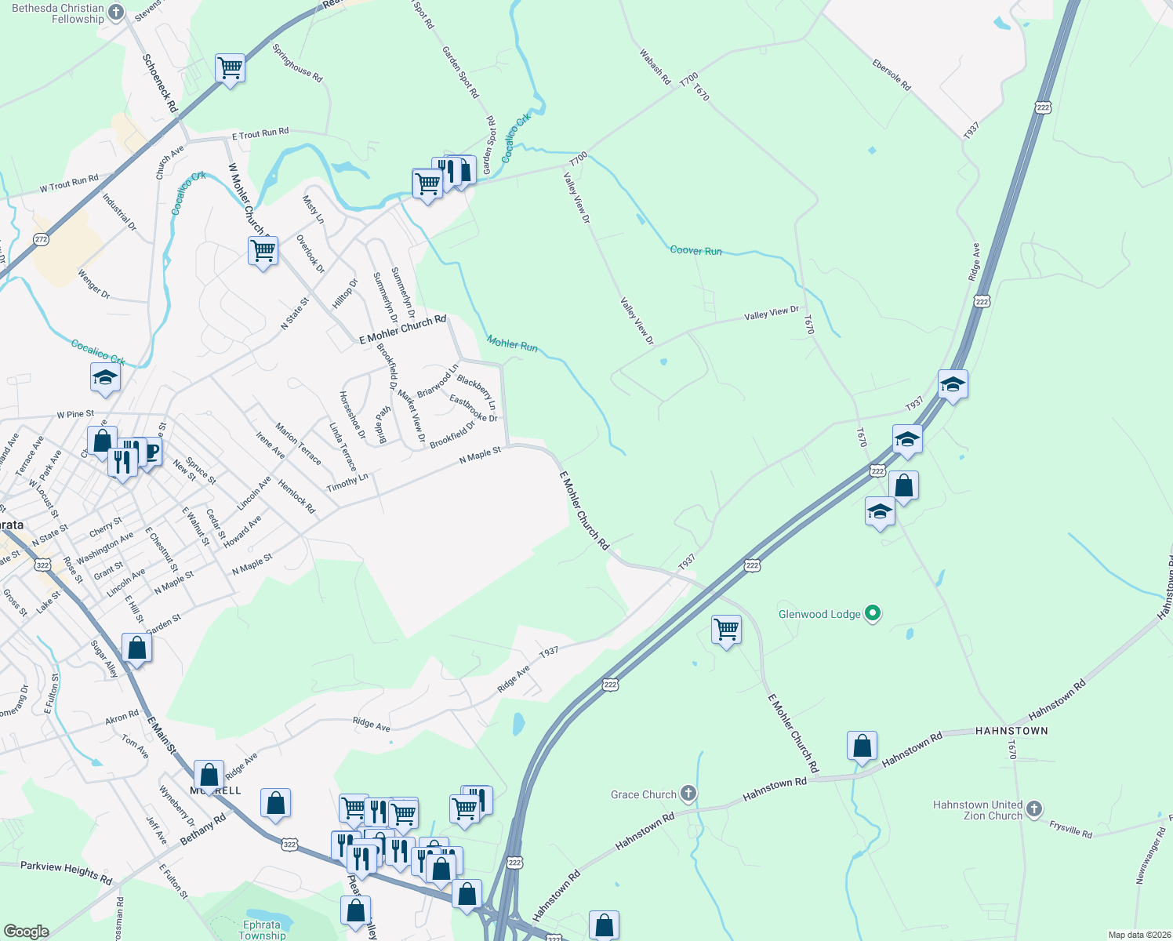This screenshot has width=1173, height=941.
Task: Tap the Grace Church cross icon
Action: [x=688, y=794]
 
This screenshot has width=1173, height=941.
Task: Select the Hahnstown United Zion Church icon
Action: [x=1034, y=809]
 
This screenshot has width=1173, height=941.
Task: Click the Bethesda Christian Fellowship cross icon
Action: [x=116, y=12]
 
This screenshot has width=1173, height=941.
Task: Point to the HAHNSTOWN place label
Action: [x=1011, y=731]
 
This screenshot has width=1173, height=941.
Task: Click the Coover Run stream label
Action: [x=695, y=251]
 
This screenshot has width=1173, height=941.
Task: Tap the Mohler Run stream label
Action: [x=512, y=343]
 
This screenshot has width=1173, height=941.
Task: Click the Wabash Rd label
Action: [x=655, y=67]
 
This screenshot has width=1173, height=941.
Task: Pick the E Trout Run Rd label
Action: [x=260, y=134]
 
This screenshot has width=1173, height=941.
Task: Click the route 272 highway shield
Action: [x=42, y=239]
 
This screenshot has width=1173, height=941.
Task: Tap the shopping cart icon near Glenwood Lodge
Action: [x=726, y=629]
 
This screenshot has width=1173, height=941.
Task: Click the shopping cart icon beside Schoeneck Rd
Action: [x=231, y=68]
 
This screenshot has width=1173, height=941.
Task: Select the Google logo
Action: [x=26, y=932]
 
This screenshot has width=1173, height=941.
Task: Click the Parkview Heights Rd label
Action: [x=66, y=871]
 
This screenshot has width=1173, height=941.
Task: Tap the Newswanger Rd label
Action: [x=1149, y=853]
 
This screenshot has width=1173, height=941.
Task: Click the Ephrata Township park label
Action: [x=262, y=930]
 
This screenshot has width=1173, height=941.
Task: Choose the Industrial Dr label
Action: [x=119, y=213]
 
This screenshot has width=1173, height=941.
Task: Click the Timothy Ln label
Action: [x=347, y=481]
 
